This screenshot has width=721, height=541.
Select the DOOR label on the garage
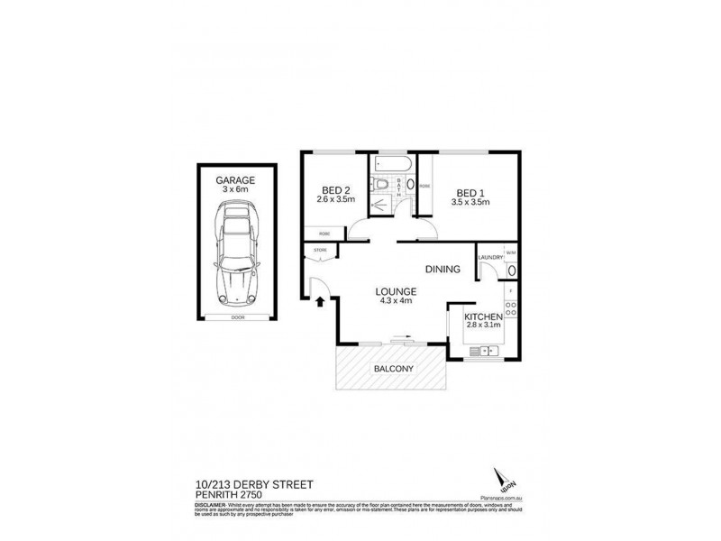(x=238, y=317)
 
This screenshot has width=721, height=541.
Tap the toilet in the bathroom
(x=384, y=186)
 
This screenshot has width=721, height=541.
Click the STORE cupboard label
(x=319, y=250)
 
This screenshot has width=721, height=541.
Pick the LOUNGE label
(x=396, y=291)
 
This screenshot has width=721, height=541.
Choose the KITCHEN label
(x=482, y=317)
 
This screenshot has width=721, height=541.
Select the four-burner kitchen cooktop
(x=511, y=312)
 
